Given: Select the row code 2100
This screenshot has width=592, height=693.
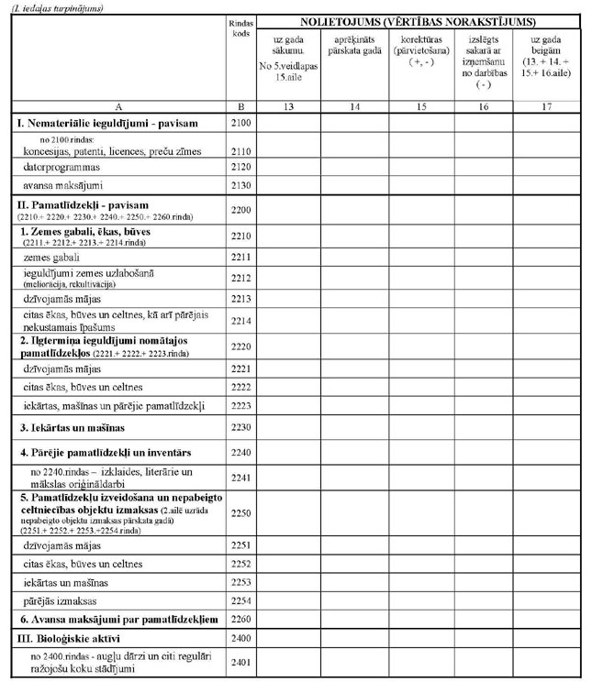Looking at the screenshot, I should [242, 122].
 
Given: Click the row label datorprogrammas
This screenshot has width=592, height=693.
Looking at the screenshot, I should [61, 168].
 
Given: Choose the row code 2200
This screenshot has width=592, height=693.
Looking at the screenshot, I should [242, 210].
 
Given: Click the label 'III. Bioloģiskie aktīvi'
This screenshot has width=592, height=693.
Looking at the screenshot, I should [69, 636].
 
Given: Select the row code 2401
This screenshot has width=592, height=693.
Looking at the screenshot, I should [242, 662].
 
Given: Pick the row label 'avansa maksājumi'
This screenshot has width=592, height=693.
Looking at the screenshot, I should [62, 187].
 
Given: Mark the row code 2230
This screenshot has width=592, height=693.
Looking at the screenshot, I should [242, 427].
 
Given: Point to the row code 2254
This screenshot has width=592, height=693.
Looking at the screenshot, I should [242, 601].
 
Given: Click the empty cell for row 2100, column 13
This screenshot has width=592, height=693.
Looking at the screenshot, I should [288, 122].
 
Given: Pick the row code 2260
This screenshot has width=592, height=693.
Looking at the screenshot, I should [242, 620].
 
